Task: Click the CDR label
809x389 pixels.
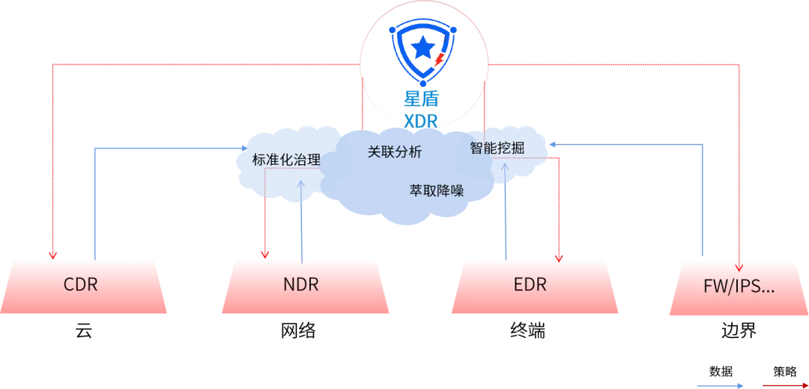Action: point(81,285)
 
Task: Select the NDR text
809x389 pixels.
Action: point(301,285)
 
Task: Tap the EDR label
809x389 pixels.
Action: point(530,285)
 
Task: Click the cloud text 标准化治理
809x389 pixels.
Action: point(286,160)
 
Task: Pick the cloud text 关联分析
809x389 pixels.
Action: point(394,151)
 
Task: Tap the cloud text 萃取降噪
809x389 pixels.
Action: point(436,190)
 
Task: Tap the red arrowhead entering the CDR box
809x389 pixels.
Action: point(52,254)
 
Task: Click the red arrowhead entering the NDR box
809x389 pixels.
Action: point(265,253)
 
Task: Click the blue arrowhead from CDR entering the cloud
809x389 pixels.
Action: point(242,148)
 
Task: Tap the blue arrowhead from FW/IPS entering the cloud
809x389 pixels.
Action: point(553,147)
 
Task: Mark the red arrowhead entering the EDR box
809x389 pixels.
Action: point(558,253)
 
